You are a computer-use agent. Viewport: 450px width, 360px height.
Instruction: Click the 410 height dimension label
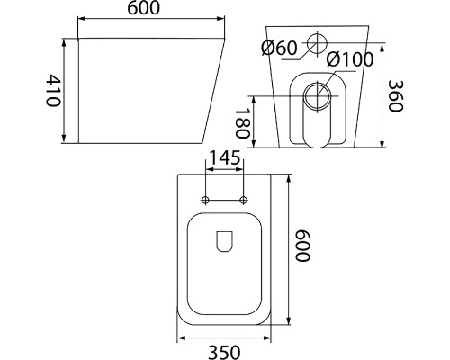53,91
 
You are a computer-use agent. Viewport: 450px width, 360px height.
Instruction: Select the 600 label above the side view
144,8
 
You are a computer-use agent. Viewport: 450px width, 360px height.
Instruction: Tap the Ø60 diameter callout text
279,48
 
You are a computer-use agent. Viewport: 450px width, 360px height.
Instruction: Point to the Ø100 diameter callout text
350,59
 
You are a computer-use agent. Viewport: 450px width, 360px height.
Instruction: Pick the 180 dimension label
242,123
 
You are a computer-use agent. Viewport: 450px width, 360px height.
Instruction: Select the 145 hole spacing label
224,157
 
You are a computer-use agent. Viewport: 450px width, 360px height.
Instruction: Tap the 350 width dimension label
224,352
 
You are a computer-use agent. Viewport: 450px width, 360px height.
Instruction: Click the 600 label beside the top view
302,246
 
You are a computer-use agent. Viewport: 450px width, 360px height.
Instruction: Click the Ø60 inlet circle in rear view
317,43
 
